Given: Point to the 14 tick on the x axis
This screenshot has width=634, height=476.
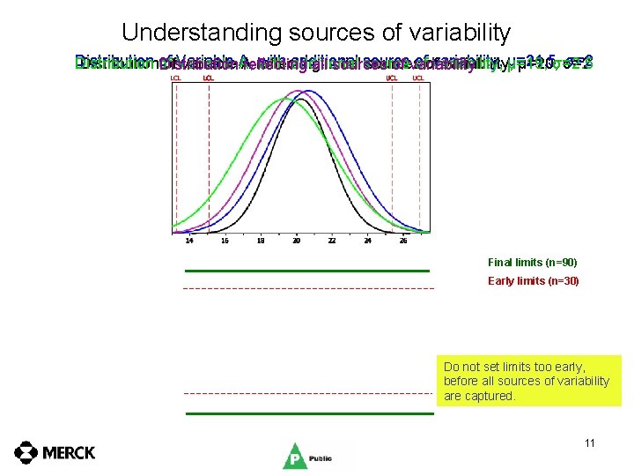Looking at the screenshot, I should click(x=188, y=240).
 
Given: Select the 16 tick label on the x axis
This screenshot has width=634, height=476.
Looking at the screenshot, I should click(x=225, y=240).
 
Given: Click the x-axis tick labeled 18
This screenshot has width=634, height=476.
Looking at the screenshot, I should click(x=261, y=240).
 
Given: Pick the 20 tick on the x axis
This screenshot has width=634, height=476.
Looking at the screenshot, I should click(x=297, y=240).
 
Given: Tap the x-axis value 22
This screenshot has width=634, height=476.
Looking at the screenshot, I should click(x=332, y=240).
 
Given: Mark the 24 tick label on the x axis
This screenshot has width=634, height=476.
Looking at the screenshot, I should click(x=368, y=240).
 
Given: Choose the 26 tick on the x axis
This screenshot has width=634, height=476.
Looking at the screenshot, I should click(x=403, y=240).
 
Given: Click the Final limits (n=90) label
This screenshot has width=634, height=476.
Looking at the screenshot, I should click(x=532, y=263).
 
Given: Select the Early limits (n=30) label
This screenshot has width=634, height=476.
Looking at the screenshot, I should click(x=532, y=281).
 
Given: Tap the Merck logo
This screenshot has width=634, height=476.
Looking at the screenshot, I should click(x=55, y=452).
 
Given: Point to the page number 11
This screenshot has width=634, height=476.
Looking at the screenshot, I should click(x=589, y=443).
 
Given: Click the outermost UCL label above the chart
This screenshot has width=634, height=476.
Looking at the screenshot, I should click(x=418, y=78).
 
